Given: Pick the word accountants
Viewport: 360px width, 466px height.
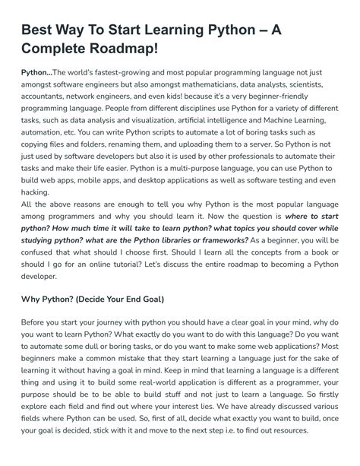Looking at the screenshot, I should pos(46,104).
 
